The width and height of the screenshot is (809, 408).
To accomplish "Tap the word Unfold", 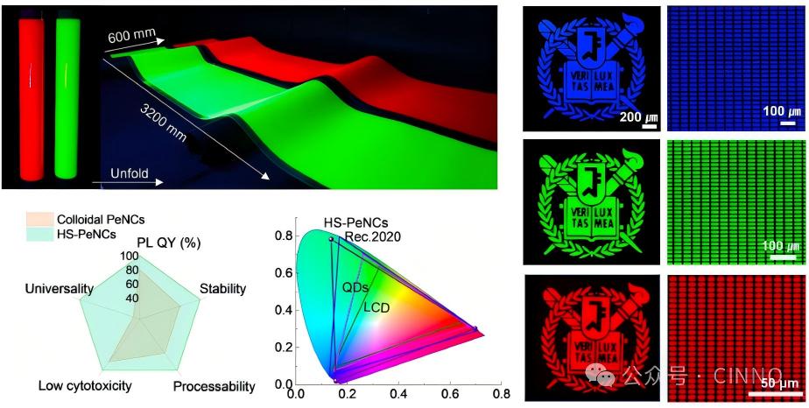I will pos(130,173).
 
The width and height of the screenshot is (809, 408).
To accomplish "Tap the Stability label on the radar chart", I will pos(222,288).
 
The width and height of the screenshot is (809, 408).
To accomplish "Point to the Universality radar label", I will pos(60,288).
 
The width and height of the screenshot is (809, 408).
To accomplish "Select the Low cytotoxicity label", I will pos(85,385).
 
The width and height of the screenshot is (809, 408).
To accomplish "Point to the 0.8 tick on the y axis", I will pos(282,236).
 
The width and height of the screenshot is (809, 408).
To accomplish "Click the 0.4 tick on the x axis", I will pos(398,396).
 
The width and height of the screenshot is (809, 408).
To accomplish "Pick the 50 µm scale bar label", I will pos(779,383).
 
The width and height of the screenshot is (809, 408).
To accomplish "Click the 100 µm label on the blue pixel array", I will pos(782,114).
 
